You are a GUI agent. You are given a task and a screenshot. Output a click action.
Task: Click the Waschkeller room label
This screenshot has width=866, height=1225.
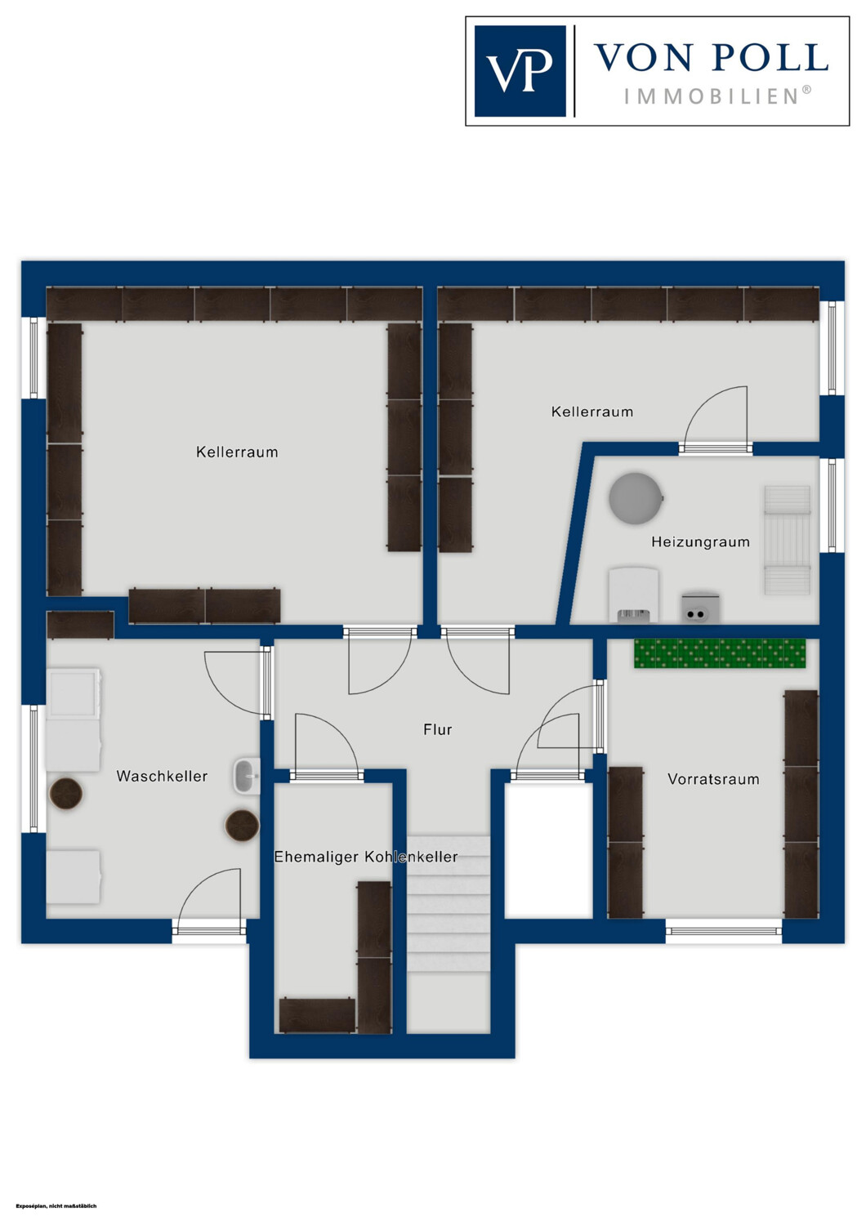[162, 776]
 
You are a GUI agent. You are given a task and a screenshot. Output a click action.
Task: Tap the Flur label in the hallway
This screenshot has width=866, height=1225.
[438, 729]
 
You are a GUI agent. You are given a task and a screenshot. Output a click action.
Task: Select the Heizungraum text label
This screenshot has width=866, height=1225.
[700, 542]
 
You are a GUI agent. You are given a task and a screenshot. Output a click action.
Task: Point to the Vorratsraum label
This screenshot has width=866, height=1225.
[713, 779]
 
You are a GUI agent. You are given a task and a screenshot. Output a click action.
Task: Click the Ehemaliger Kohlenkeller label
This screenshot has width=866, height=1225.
[366, 857]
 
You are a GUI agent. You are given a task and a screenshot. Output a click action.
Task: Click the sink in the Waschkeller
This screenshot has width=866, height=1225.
[247, 776]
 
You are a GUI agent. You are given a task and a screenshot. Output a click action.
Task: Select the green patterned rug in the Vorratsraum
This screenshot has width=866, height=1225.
[720, 653]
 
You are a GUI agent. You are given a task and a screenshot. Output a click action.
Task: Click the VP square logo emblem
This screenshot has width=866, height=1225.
[520, 71]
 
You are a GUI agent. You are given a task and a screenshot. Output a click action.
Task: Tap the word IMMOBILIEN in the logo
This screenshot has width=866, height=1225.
[717, 97]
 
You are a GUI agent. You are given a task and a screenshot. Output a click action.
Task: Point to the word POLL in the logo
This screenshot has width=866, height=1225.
[770, 57]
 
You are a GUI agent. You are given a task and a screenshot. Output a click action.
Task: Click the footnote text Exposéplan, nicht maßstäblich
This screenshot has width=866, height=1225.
[56, 1206]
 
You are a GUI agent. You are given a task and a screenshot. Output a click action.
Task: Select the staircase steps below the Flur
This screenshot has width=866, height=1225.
[448, 904]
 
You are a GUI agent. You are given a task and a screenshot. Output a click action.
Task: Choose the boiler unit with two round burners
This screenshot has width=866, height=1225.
[700, 608]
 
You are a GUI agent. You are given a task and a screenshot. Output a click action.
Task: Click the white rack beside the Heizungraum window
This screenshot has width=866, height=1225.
[788, 541]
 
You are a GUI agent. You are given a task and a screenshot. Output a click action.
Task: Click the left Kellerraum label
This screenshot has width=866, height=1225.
[237, 452]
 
